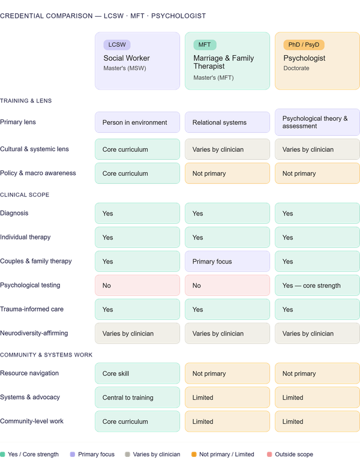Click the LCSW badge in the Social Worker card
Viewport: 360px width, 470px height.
coord(117,44)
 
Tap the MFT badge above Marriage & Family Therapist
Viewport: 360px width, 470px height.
coord(205,44)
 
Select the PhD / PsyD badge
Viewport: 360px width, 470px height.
coord(304,44)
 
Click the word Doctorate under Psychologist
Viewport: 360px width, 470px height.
coord(296,68)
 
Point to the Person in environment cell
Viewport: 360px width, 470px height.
coord(137,122)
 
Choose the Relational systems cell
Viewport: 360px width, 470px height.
coord(227,122)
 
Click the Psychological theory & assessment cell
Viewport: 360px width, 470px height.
coord(317,122)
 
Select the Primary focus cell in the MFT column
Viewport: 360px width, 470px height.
coord(227,261)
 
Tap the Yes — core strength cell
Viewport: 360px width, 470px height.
coord(317,285)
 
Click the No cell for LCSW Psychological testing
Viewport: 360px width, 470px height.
coord(137,285)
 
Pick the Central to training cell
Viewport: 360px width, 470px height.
coord(137,397)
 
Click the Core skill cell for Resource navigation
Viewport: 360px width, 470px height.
coord(137,373)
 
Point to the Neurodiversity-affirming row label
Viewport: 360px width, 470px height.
coord(34,333)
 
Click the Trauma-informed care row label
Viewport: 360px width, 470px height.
coord(32,309)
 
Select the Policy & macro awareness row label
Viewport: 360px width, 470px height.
coord(38,173)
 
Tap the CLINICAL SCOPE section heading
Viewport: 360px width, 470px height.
coord(25,195)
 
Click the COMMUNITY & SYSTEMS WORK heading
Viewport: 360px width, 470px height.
coord(46,355)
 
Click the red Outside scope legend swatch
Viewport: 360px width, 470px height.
coord(269,454)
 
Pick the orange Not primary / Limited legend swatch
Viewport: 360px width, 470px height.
coord(194,454)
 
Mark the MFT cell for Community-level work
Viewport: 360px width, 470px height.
coord(227,421)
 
